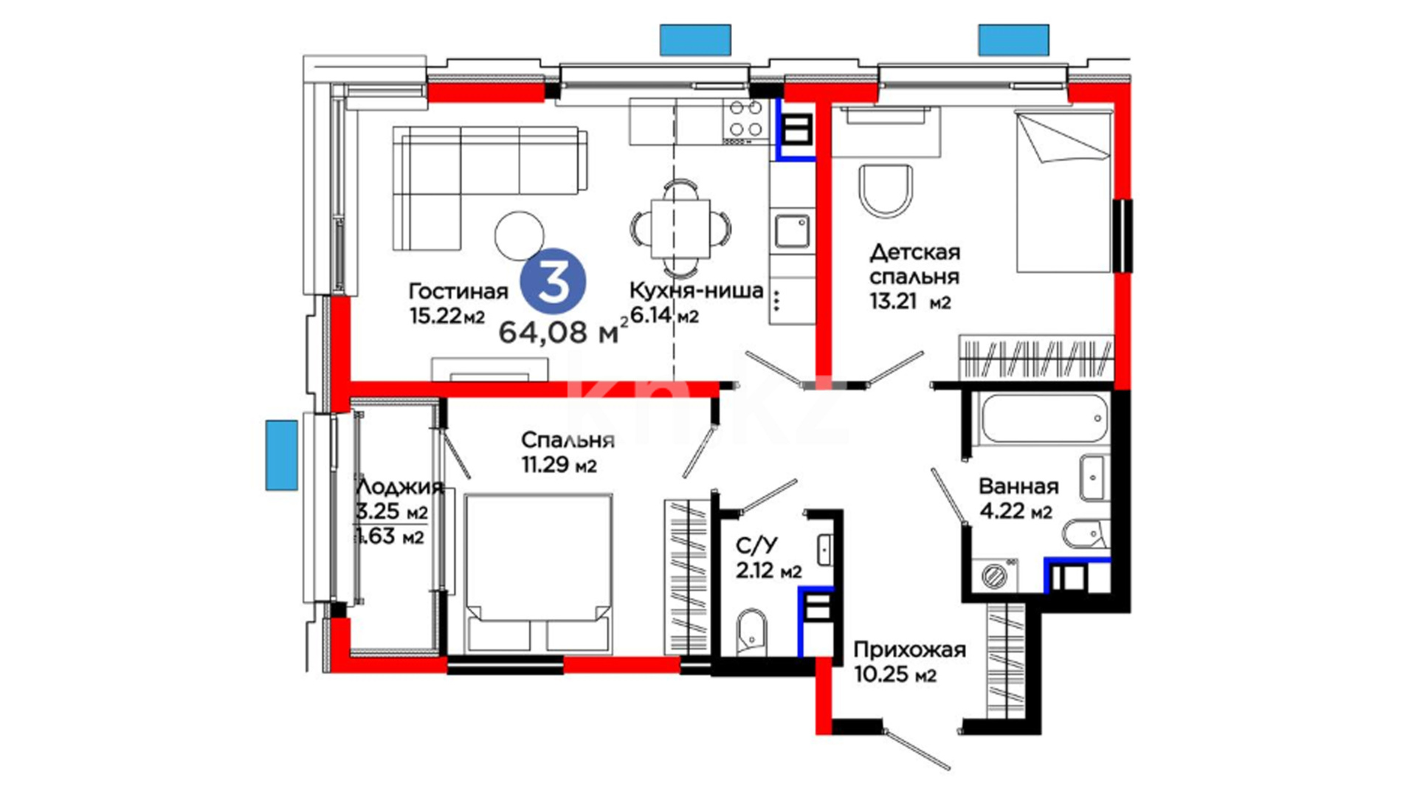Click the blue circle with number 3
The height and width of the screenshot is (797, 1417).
point(553,282)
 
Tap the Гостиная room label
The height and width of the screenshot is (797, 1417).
point(458,291)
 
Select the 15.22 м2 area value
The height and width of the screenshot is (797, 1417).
point(447,317)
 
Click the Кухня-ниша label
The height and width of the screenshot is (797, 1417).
point(696,291)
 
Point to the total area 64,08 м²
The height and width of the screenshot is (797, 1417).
point(564,332)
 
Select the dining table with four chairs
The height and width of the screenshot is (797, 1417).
point(680,228)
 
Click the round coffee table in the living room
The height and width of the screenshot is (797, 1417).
point(520,236)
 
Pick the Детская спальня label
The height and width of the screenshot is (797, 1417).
point(915,264)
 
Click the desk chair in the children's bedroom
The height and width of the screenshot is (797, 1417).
point(886,192)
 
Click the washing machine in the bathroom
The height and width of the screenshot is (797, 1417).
point(996,576)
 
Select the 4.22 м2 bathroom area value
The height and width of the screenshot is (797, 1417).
point(1016,511)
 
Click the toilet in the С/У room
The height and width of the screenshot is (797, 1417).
point(752,632)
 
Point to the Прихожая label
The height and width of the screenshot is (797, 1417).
point(909,649)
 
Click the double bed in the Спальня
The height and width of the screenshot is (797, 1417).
point(539,573)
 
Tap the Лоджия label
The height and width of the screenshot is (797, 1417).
point(399,487)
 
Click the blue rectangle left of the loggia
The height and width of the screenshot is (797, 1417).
point(281,455)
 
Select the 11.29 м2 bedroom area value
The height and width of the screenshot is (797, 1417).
point(559,466)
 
